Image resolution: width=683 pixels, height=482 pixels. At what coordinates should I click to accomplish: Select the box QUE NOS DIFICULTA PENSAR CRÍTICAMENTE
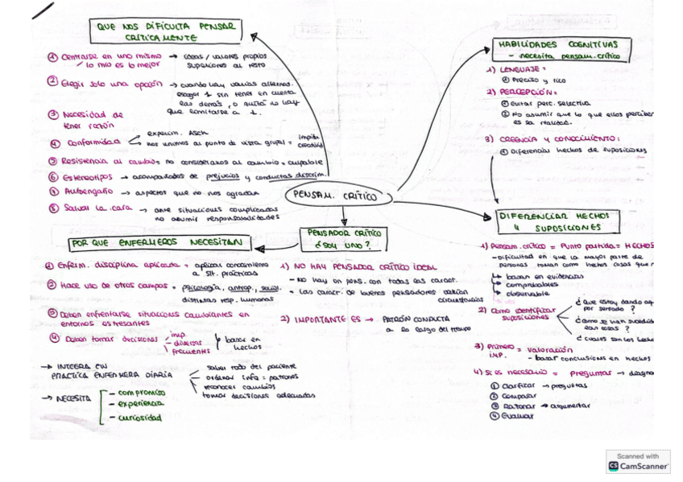click(x=167, y=32)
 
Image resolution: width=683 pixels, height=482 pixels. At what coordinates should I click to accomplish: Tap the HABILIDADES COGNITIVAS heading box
click(x=561, y=50)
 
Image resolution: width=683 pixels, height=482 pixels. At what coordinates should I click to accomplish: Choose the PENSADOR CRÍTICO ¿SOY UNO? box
click(x=343, y=238)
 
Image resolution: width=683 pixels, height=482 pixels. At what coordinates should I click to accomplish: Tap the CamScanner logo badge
click(x=638, y=462)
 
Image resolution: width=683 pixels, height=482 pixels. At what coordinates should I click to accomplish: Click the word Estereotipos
click(x=89, y=176)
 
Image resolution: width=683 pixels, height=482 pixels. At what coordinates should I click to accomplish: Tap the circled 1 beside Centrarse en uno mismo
click(x=52, y=57)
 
